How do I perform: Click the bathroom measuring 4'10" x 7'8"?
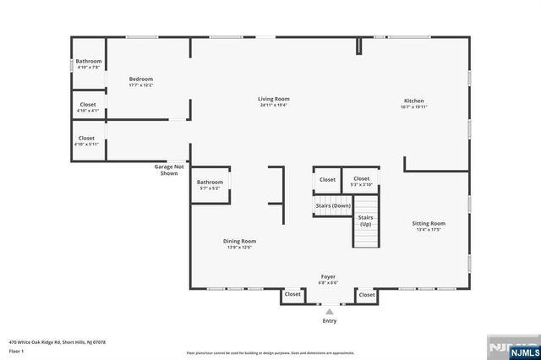[x=89, y=64]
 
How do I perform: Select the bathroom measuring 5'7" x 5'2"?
[x=210, y=185]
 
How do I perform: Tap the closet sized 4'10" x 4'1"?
[x=87, y=107]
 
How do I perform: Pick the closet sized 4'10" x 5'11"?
[x=87, y=141]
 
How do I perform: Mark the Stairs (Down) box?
[x=332, y=205]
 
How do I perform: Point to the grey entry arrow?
[x=330, y=311]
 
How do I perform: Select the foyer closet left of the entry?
[x=292, y=295]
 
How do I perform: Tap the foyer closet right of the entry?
[x=367, y=295]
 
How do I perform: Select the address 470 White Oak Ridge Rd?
[x=57, y=342]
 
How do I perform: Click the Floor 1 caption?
[x=18, y=350]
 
